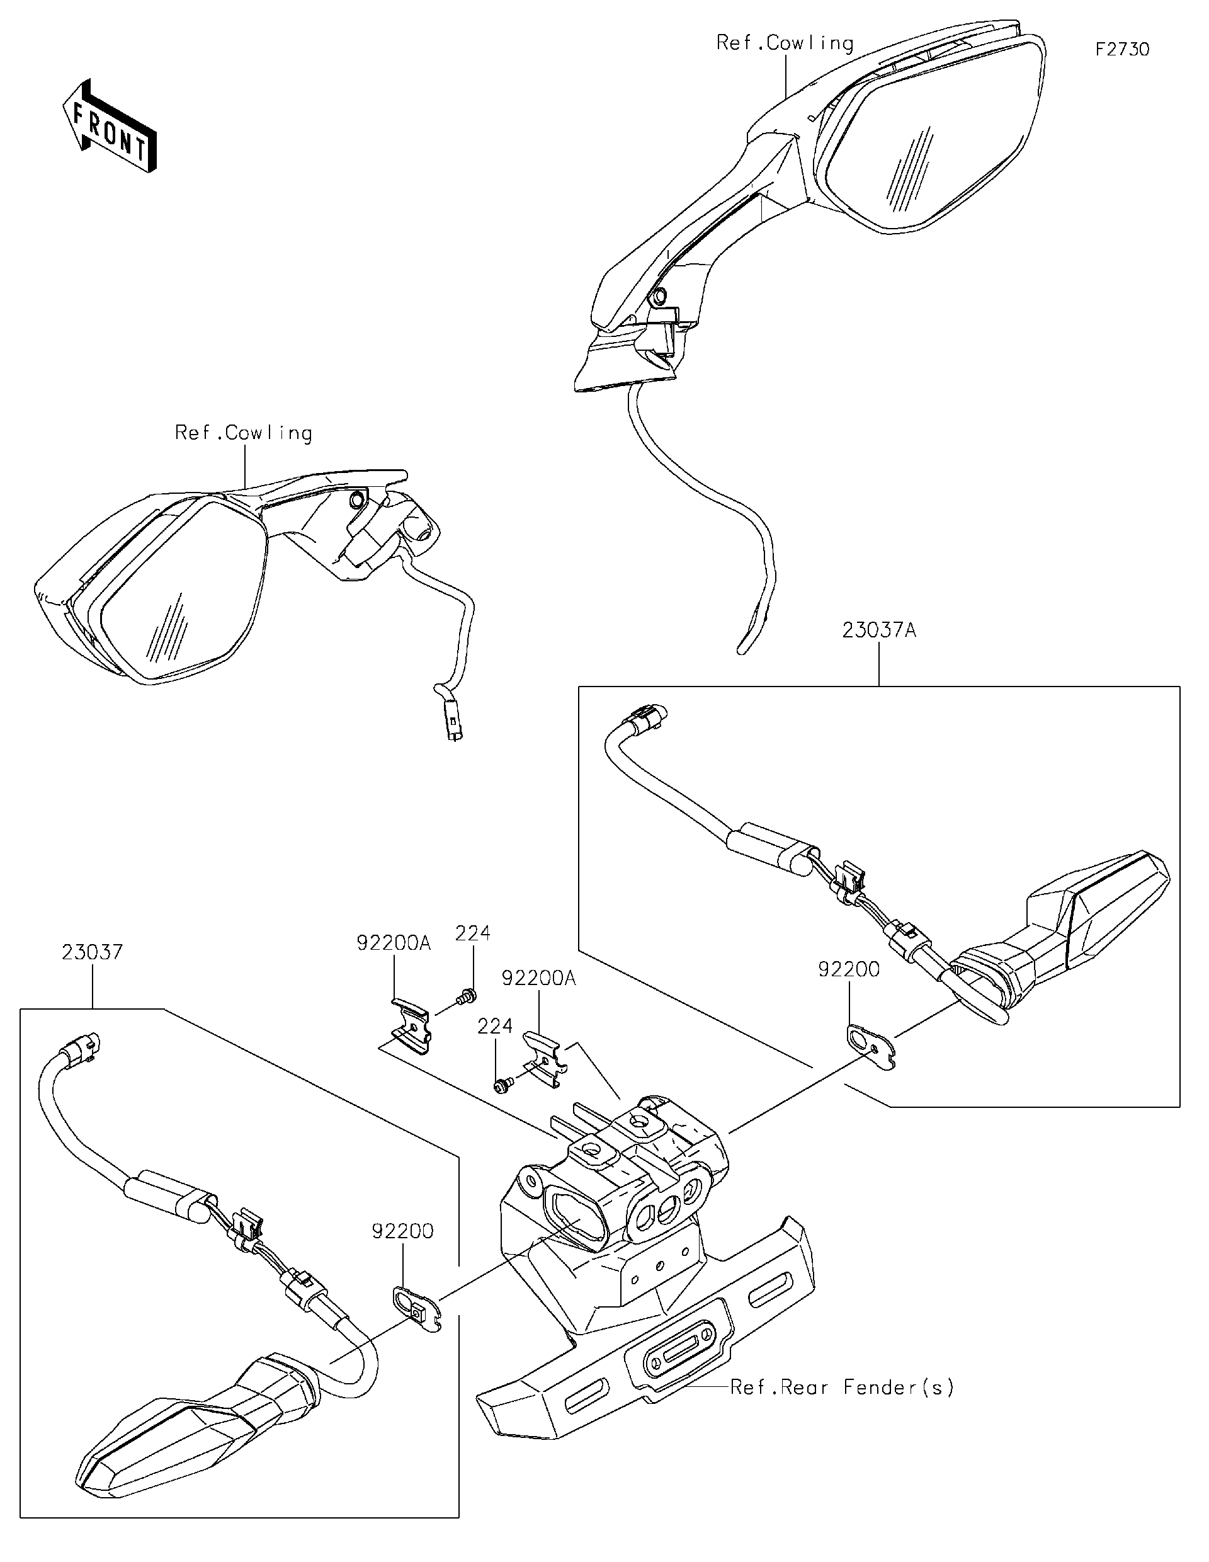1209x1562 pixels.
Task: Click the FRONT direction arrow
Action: click(109, 126)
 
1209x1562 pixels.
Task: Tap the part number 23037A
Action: click(878, 631)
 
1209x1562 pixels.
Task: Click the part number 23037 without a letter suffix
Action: click(92, 953)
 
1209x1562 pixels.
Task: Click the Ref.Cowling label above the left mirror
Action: click(243, 433)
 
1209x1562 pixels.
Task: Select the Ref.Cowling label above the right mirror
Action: click(785, 43)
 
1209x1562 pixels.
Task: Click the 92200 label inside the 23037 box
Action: click(402, 1231)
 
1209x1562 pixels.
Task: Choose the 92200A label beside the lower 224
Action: click(538, 978)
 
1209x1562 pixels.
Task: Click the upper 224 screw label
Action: click(474, 933)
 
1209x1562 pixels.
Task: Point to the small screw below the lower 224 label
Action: click(501, 1086)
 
